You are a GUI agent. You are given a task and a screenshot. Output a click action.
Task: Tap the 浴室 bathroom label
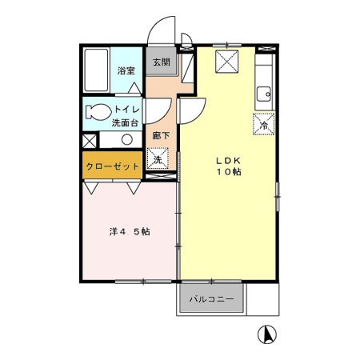(126, 70)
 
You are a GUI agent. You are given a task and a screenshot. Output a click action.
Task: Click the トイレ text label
(128, 108)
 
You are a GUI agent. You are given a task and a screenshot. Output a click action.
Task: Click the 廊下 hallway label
(160, 135)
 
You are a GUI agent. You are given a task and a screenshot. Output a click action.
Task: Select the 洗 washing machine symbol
(158, 159)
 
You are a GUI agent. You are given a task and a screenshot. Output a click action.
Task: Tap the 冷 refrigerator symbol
(263, 124)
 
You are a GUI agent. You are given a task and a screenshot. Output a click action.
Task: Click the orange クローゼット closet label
(113, 166)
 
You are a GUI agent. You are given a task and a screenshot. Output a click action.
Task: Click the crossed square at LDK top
(227, 60)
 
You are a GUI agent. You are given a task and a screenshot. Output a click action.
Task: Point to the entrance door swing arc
(162, 28)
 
